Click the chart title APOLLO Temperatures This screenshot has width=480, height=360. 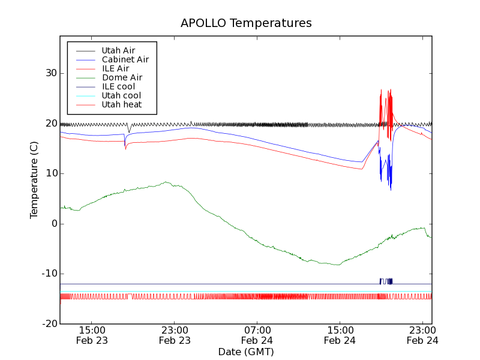point(246,23)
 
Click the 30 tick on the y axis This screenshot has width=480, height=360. point(50,73)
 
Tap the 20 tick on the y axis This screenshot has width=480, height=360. point(50,124)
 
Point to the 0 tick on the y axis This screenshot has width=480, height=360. point(53,224)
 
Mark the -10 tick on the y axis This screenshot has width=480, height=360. point(49,274)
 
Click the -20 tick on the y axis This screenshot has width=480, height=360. point(49,324)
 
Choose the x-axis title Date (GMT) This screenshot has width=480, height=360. point(246,352)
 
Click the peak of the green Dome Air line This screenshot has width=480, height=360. point(166,182)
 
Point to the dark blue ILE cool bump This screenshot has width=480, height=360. point(386,281)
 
